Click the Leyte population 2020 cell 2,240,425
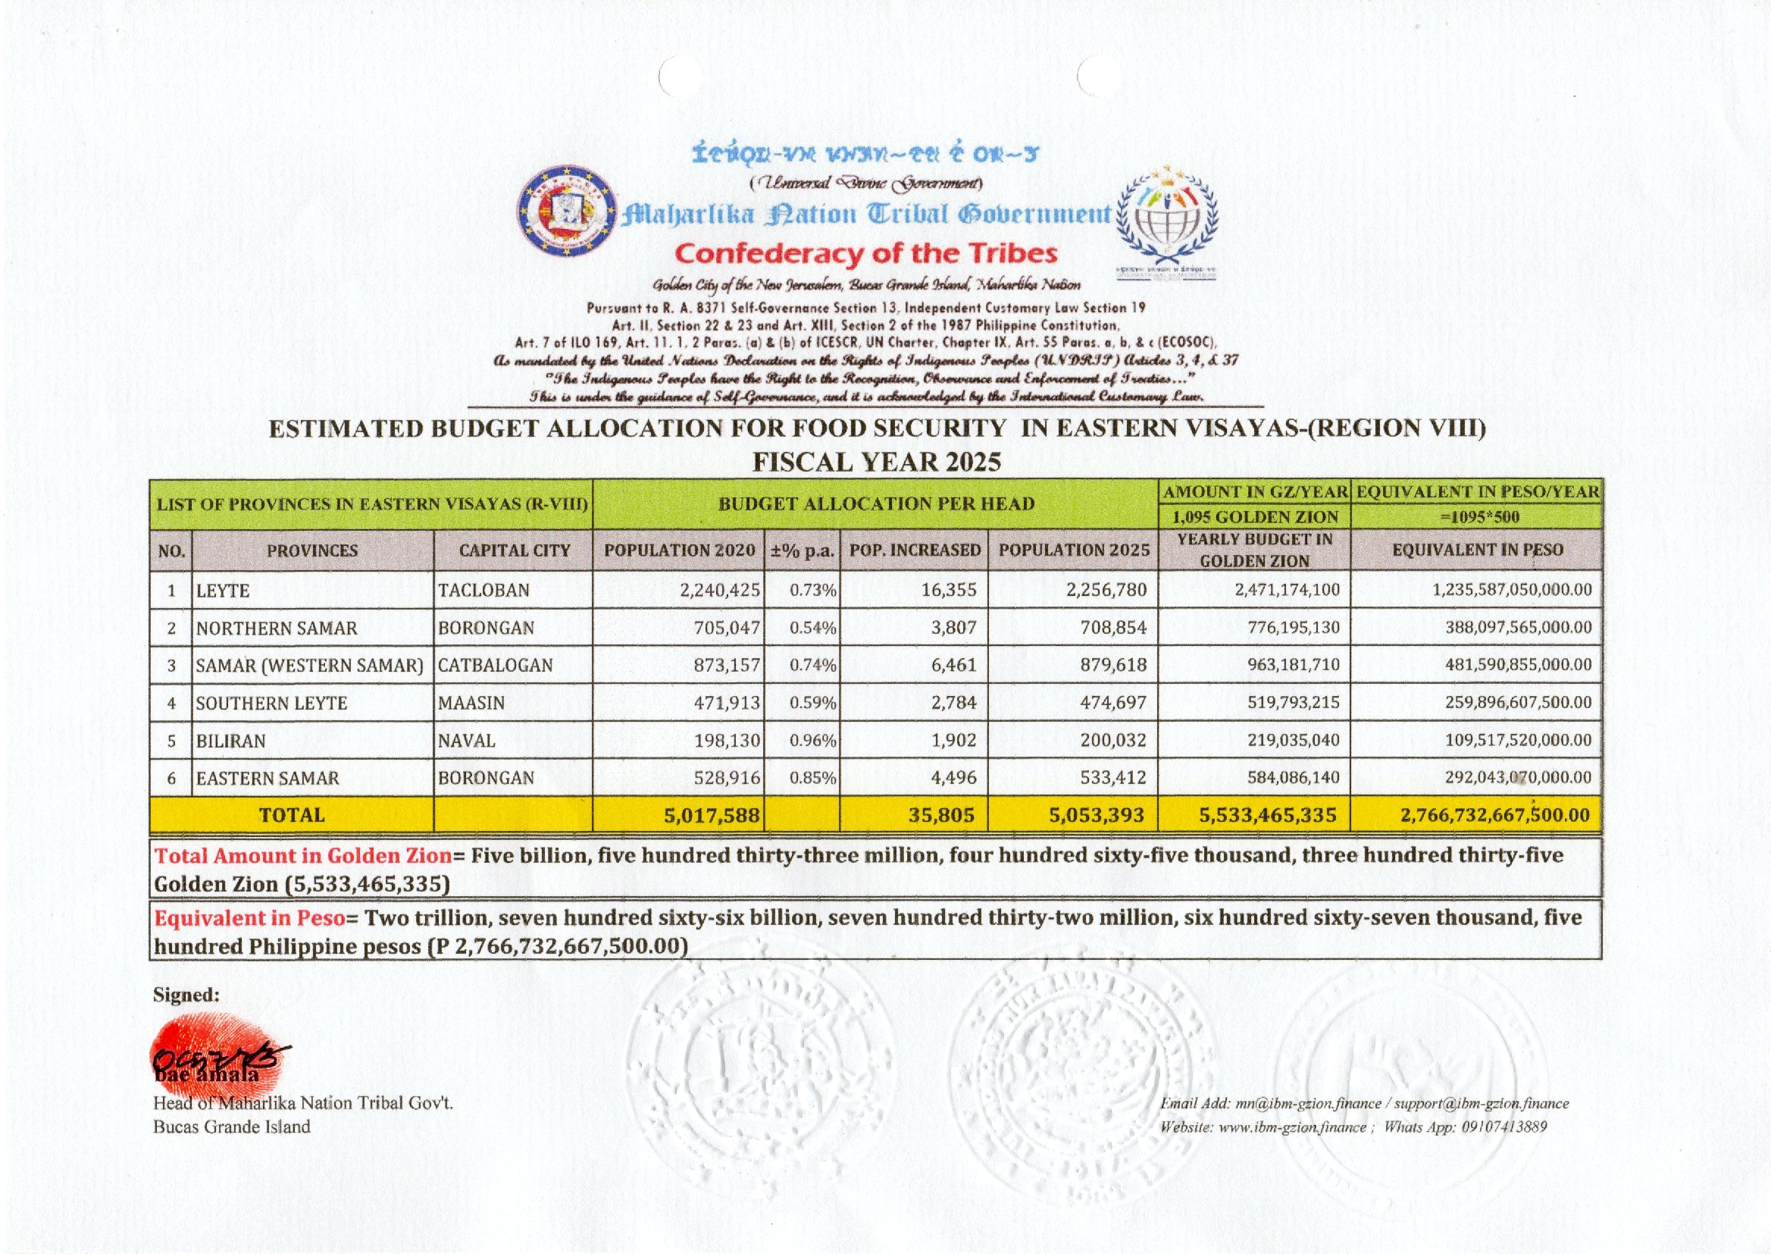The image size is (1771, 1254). [x=720, y=591]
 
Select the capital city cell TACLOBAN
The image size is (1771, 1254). [x=483, y=591]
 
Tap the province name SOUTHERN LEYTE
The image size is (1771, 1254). [x=271, y=704]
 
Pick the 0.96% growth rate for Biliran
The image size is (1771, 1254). [x=812, y=741]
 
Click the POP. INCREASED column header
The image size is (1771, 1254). [x=915, y=550]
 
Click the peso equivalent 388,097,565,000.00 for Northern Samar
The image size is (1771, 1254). [x=1518, y=628]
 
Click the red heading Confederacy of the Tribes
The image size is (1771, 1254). [x=866, y=254]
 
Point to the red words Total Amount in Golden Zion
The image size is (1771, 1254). [x=302, y=855]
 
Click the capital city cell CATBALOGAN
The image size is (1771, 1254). [x=496, y=666]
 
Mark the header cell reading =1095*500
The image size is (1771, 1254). [x=1475, y=516]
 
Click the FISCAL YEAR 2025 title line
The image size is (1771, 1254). [x=877, y=462]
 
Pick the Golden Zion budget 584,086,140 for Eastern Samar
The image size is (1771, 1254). [x=1294, y=778]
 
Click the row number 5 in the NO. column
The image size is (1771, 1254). [x=171, y=741]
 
